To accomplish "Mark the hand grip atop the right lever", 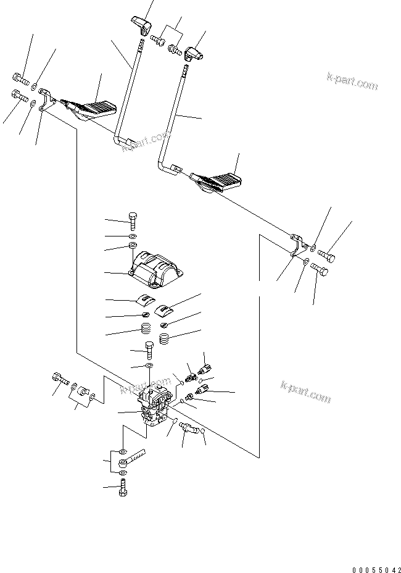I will (196, 55).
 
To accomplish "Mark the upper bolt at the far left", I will (20, 79).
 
